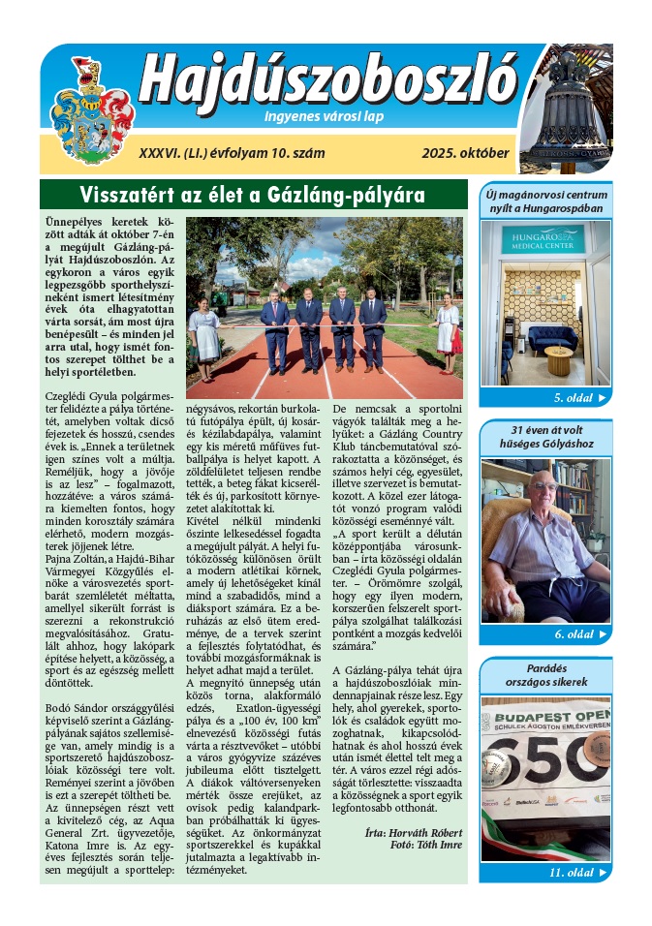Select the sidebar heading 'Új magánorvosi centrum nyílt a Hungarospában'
coord(546,201)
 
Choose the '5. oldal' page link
coord(578,398)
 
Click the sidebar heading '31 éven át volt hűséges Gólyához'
coord(546,437)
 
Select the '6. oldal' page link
coord(578,634)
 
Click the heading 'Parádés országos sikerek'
coord(546,674)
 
